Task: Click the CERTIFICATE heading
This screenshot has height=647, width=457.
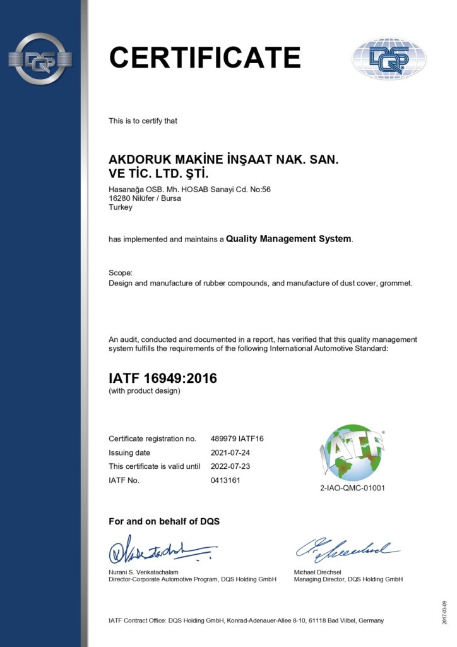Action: point(205,57)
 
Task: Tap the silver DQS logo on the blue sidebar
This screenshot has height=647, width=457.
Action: point(40,59)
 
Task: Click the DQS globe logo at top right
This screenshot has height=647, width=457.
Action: point(389,59)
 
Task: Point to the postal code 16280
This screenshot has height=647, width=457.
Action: point(120,198)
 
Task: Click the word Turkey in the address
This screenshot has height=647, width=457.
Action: point(121,207)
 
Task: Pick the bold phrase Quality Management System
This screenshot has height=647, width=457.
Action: point(288,239)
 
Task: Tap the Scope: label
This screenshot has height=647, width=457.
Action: point(121,273)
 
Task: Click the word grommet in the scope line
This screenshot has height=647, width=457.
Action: point(396,283)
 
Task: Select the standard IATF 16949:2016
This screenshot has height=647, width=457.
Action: point(163,378)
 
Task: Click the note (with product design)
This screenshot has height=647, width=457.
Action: point(145,391)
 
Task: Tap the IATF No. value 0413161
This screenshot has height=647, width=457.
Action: point(225,480)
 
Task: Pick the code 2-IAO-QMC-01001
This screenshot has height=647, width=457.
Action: point(352,488)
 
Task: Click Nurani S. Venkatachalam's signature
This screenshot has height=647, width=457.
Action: point(161,550)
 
